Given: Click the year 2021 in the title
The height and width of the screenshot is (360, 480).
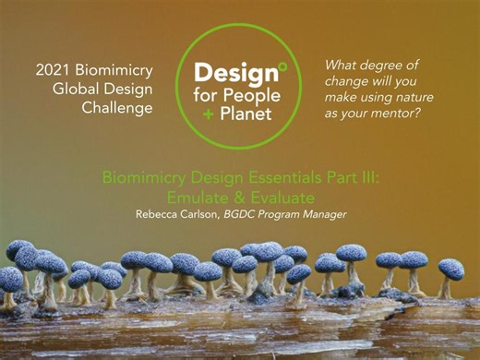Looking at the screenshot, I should click(x=54, y=69).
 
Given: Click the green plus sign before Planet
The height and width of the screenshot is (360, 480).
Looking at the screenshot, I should click(x=209, y=114).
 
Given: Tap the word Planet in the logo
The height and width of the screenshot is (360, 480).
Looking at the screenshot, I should click(x=244, y=114).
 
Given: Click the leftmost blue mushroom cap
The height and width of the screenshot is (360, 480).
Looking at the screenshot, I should click(x=18, y=248).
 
